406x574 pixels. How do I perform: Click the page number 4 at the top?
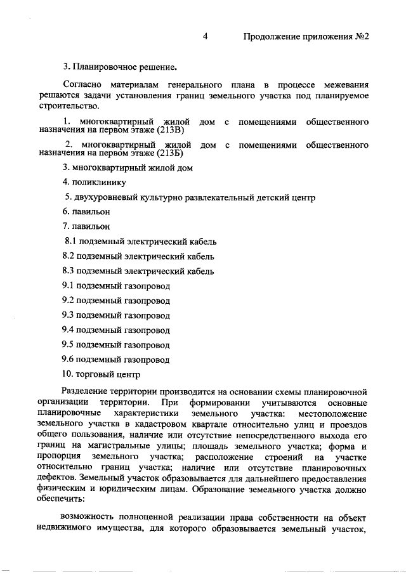coord(206,36)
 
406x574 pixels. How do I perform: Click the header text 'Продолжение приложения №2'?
coord(306,36)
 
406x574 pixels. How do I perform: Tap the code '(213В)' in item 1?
coord(169,131)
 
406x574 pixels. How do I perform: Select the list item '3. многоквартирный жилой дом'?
coord(128,168)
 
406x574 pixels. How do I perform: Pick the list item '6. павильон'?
coord(86,212)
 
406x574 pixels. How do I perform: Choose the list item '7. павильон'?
coord(86,226)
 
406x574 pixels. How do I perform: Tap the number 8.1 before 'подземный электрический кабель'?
coord(70,242)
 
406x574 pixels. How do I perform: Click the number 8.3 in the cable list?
coord(69,271)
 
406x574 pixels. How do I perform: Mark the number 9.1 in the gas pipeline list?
coord(69,285)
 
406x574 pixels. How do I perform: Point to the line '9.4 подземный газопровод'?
coord(116,330)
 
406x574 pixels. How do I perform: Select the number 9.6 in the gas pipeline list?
coord(69,359)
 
